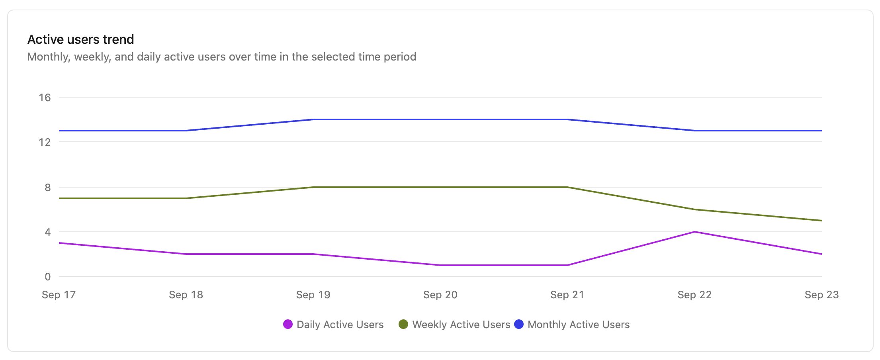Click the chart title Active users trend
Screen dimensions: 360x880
[80, 39]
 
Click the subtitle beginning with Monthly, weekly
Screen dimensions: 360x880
[221, 57]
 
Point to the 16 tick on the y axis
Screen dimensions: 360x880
[45, 98]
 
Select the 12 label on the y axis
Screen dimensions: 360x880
[45, 142]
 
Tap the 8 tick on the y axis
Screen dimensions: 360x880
[48, 187]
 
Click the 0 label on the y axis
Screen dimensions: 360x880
[48, 277]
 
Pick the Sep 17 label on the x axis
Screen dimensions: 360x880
[59, 295]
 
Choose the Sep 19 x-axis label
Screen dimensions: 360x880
[313, 295]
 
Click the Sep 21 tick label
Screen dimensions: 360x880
[567, 295]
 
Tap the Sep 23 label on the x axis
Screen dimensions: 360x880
[821, 295]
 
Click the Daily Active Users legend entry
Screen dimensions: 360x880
[340, 325]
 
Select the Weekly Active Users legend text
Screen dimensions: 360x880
[461, 325]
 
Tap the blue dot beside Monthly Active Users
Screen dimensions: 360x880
[519, 324]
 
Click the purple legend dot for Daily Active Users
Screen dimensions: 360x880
[288, 324]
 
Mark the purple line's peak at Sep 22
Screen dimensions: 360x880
[694, 232]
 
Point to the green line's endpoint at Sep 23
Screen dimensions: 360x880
[821, 221]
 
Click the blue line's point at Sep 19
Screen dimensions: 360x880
[313, 119]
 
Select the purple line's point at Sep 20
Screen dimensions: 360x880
[440, 265]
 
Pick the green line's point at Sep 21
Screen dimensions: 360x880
[567, 187]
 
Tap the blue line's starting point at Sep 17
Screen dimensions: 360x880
[59, 131]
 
